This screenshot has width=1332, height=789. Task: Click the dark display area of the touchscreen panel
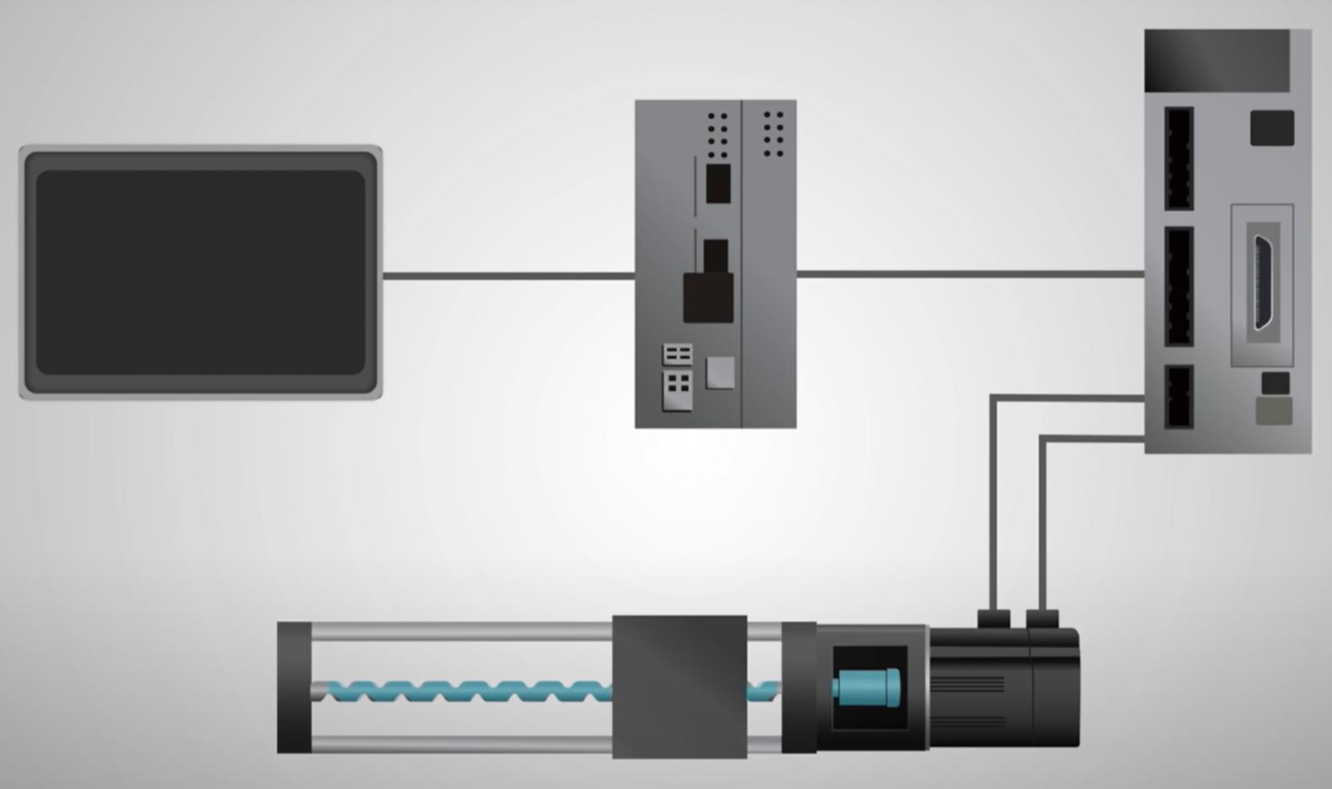tap(200, 272)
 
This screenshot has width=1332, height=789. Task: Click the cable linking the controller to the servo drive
tap(971, 273)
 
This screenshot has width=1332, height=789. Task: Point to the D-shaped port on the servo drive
tap(1263, 283)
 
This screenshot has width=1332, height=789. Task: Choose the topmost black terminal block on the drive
tap(1178, 159)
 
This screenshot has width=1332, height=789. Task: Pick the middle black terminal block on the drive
tap(1178, 286)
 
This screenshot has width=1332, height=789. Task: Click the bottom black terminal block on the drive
tap(1178, 397)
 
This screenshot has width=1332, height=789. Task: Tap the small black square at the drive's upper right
tap(1271, 127)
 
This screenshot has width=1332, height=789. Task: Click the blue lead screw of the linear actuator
tap(464, 692)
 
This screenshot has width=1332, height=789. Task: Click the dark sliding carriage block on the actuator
tap(680, 686)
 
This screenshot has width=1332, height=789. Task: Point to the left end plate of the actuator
tap(294, 687)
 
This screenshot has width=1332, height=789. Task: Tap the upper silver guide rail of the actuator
tap(460, 631)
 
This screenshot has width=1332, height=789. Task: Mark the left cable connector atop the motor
tap(994, 619)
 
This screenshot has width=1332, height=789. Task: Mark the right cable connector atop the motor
tap(1042, 619)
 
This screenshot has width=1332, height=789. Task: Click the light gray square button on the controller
tap(720, 372)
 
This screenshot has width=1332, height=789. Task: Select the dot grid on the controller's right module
tap(773, 133)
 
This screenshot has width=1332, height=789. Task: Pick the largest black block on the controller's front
tap(707, 297)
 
